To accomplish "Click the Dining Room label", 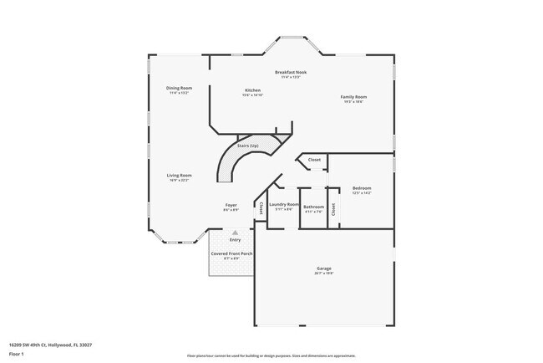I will [180, 88].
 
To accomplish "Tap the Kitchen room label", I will [252, 90].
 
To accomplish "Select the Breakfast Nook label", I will [291, 73].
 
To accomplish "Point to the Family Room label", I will [353, 97].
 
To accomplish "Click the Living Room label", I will [180, 175].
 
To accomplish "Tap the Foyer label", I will [231, 205].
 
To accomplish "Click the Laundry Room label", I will [284, 204].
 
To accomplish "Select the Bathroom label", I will [313, 207].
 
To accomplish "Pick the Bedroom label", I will [362, 188].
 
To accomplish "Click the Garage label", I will [323, 268].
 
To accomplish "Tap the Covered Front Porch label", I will [231, 253].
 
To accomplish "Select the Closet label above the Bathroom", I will [314, 160].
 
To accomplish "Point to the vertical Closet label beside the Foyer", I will [261, 207].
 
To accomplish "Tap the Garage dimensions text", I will [323, 274].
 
